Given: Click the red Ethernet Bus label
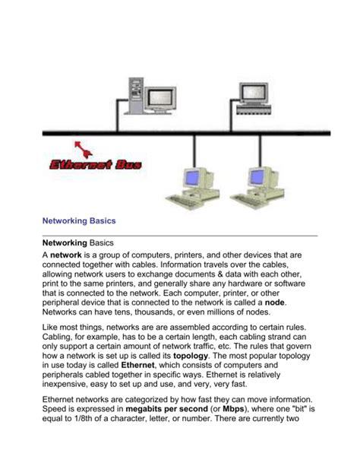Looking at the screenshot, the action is [x=99, y=164].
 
